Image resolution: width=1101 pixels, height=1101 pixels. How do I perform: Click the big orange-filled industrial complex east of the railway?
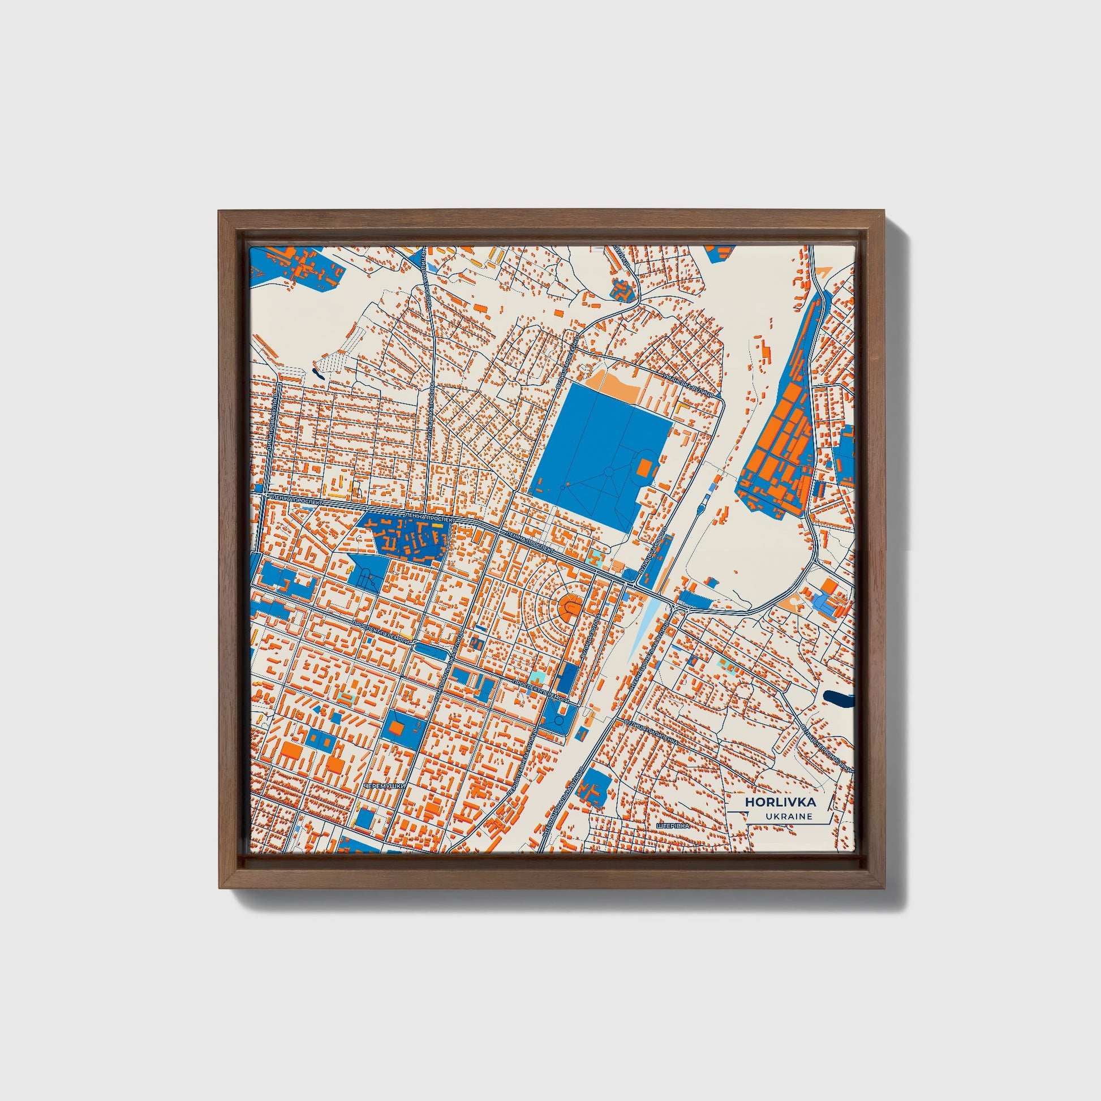coord(778,445)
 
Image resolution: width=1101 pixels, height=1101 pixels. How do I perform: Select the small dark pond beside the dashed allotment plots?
coord(316,375)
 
